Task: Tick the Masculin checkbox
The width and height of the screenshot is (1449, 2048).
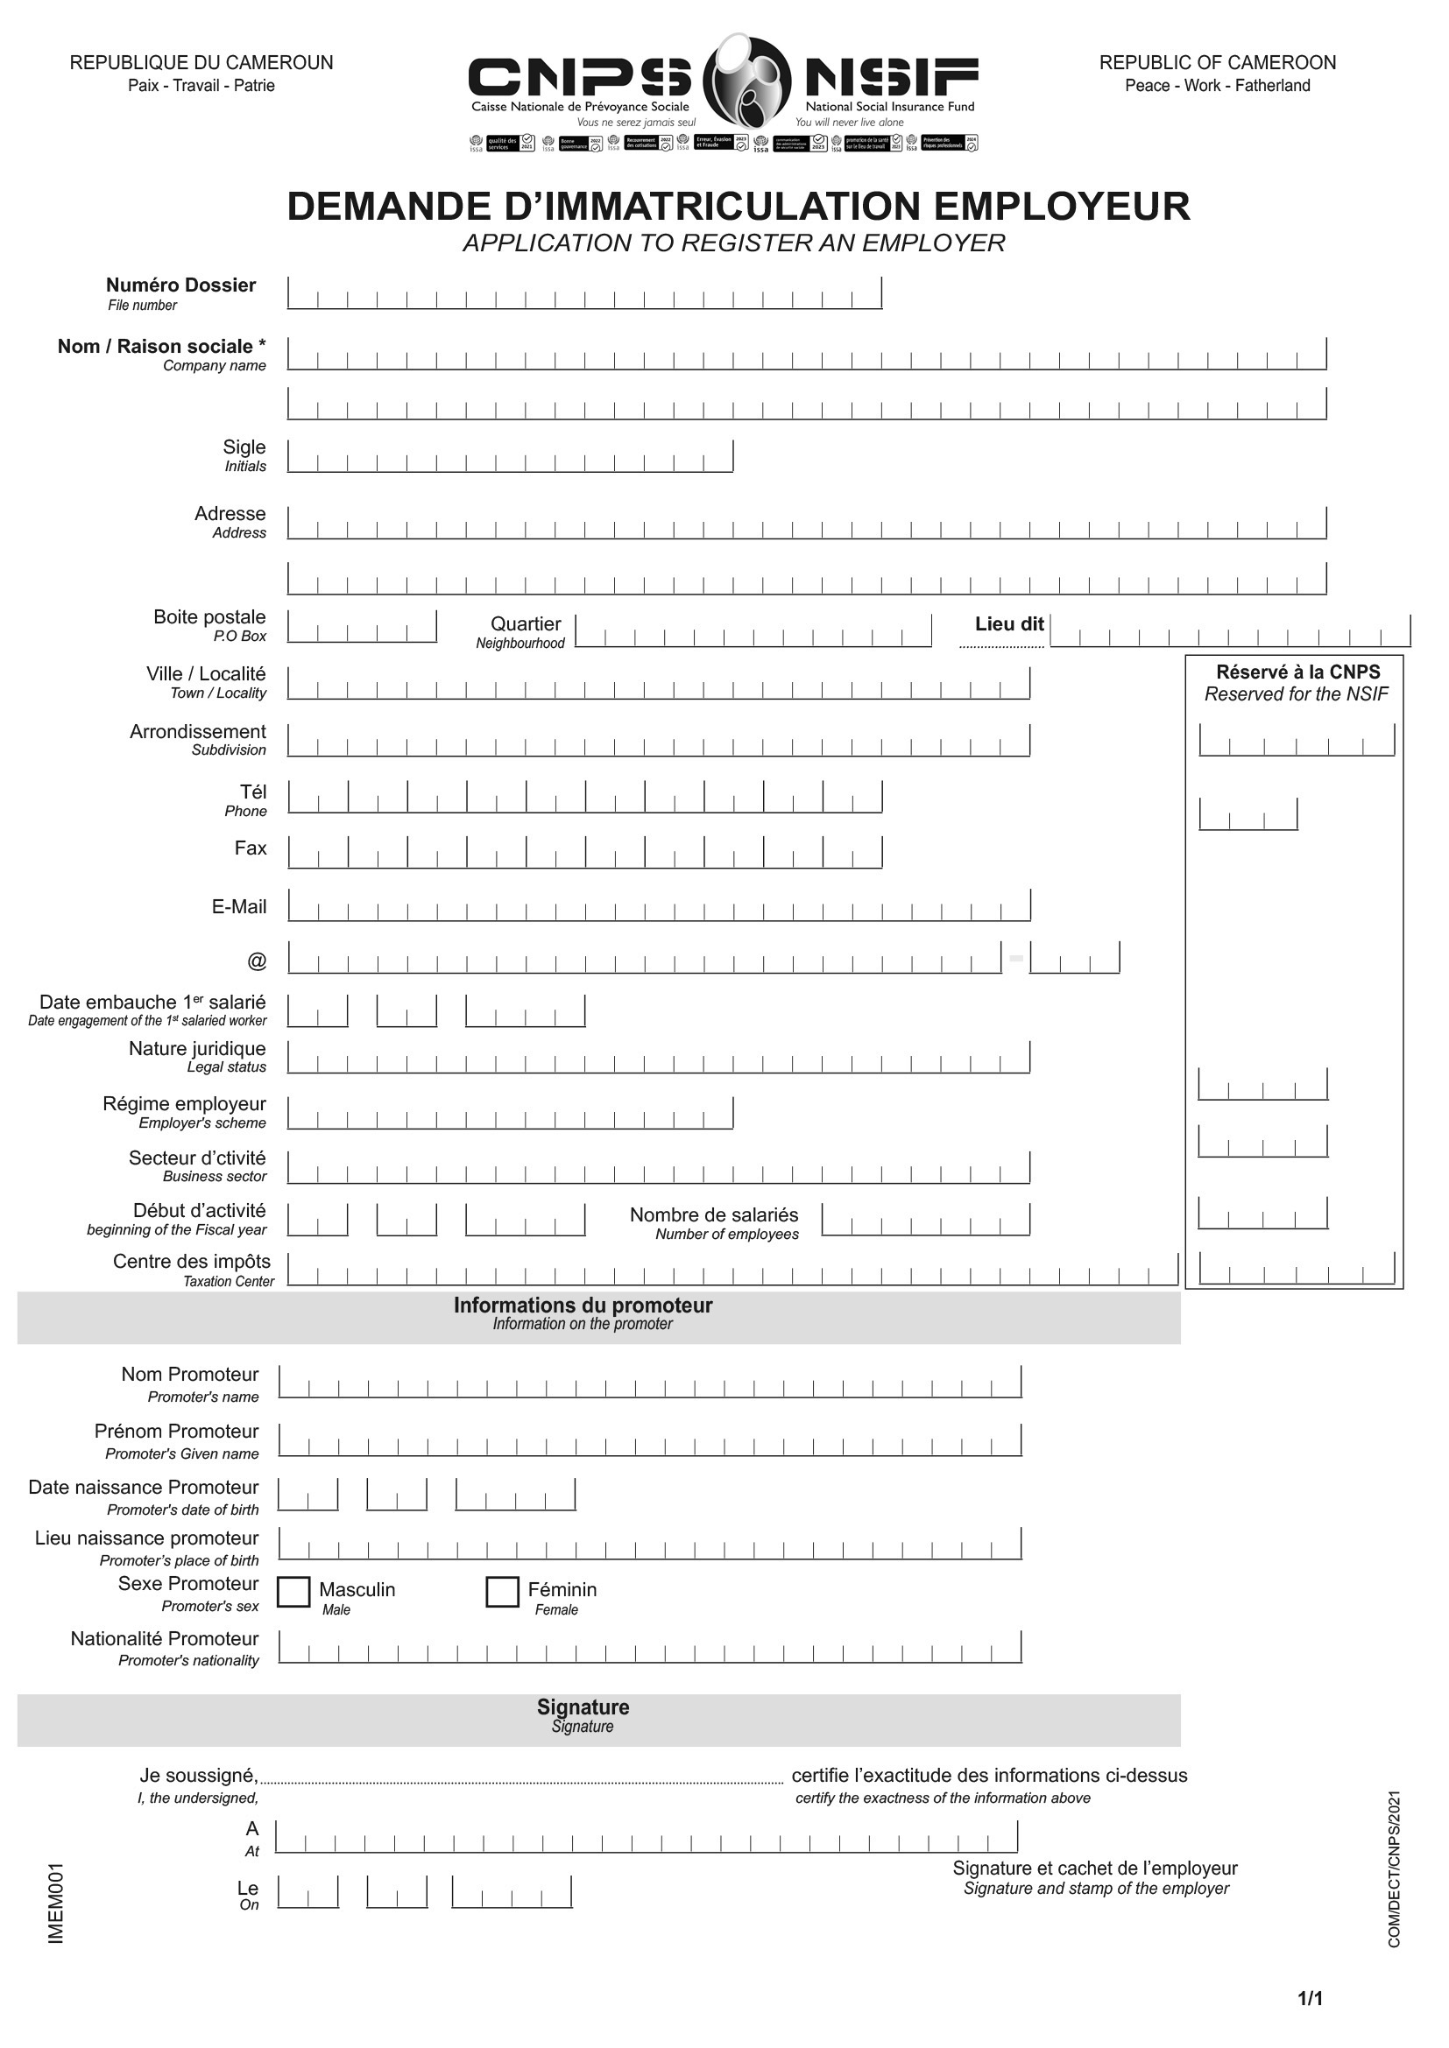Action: click(x=293, y=1592)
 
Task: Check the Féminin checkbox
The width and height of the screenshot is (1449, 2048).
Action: click(x=502, y=1592)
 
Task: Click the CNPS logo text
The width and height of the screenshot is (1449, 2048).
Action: click(x=580, y=78)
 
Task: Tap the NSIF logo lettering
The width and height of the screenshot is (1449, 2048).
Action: click(x=891, y=78)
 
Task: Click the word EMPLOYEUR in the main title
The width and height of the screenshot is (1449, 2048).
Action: click(x=1062, y=206)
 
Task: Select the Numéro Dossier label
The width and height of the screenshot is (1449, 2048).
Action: click(x=180, y=285)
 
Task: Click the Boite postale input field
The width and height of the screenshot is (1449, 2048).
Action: click(x=361, y=627)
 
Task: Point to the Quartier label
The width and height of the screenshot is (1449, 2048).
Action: click(x=526, y=624)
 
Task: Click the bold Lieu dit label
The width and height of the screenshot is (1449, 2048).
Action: click(x=1009, y=624)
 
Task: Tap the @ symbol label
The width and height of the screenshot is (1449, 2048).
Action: click(x=257, y=961)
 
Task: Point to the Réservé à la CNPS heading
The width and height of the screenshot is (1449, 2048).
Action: click(x=1297, y=672)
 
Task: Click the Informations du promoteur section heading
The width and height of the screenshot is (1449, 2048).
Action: click(x=583, y=1306)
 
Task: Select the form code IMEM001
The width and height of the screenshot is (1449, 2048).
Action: click(x=55, y=1904)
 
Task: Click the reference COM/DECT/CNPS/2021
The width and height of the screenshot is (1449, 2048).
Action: click(x=1395, y=1869)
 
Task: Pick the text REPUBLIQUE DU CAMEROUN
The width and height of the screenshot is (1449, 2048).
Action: click(x=201, y=63)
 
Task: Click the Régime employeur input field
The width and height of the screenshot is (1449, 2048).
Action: click(x=511, y=1113)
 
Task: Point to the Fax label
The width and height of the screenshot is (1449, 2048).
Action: click(x=251, y=848)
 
